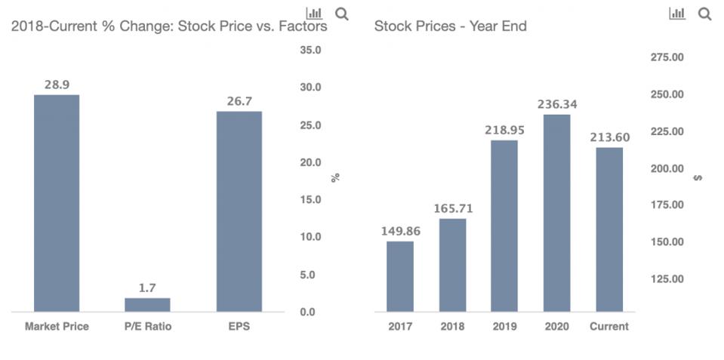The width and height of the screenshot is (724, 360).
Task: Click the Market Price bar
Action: (x=57, y=203)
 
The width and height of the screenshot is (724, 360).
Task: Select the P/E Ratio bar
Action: (x=147, y=304)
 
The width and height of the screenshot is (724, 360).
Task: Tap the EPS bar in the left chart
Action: (x=239, y=211)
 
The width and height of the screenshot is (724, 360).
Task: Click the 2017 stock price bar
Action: (x=400, y=276)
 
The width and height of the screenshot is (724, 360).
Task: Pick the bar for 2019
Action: (x=504, y=226)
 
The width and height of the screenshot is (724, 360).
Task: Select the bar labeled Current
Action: (x=609, y=229)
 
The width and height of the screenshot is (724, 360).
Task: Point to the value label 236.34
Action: (x=556, y=104)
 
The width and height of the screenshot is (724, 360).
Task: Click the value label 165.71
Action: (x=452, y=208)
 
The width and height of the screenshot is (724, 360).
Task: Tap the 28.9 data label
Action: (x=57, y=85)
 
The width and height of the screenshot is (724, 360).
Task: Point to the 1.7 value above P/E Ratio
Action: (x=147, y=288)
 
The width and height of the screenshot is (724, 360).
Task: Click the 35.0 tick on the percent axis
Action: (x=310, y=51)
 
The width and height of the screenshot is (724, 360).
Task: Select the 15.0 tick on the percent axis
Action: (x=310, y=200)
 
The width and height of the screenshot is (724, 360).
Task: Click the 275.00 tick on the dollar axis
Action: (x=667, y=57)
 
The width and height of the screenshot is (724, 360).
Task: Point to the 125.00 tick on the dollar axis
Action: (x=667, y=279)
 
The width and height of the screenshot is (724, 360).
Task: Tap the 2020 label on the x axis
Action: (x=556, y=327)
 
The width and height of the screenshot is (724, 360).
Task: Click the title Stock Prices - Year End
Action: (x=450, y=26)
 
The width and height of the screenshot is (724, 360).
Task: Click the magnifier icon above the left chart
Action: (x=341, y=14)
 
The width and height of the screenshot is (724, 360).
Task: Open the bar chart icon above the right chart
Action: (x=677, y=14)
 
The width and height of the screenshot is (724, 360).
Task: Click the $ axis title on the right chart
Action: (x=698, y=177)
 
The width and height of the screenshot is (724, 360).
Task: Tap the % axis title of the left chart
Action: (x=336, y=177)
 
